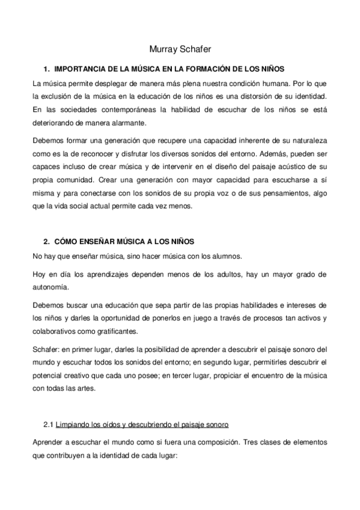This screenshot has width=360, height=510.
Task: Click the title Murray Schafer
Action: point(180,50)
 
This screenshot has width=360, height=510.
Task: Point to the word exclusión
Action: point(64,96)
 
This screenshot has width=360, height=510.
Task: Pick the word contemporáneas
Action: point(126,109)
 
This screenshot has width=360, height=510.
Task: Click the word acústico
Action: point(288,165)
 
